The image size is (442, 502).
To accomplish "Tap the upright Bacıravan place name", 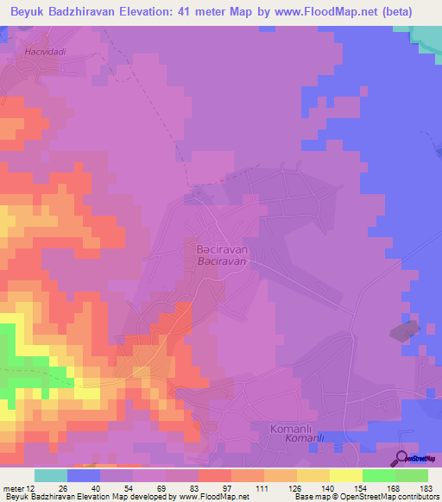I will click(218, 248).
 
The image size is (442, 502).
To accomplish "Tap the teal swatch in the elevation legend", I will click(51, 475).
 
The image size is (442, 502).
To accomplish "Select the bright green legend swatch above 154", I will click(378, 475).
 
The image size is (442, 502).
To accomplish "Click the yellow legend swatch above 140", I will click(313, 475).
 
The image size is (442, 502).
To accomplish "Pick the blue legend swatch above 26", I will click(84, 475).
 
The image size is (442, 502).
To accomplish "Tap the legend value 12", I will click(35, 489).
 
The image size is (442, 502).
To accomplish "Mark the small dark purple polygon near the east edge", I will click(406, 331).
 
